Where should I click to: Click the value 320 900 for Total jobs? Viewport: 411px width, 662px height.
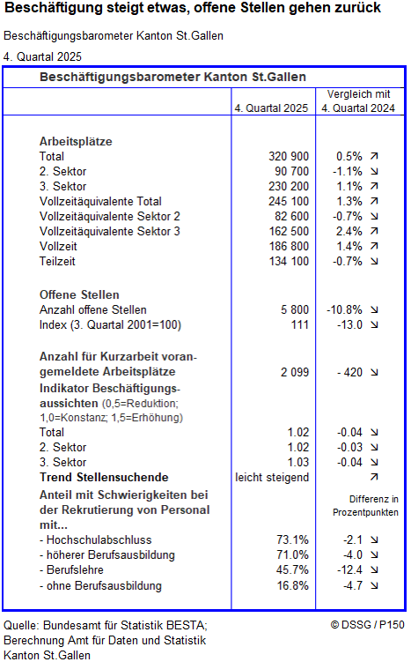pyautogui.click(x=290, y=156)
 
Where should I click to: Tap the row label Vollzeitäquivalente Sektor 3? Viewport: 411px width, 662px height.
pyautogui.click(x=110, y=231)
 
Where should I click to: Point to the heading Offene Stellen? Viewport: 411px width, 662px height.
pyautogui.click(x=79, y=294)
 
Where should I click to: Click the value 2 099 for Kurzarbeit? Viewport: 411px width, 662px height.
pyautogui.click(x=295, y=373)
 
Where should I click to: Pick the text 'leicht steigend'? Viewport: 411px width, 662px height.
pyautogui.click(x=272, y=477)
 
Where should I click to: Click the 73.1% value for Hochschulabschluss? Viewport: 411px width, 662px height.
pyautogui.click(x=293, y=539)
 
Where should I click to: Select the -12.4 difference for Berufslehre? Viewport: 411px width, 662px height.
pyautogui.click(x=349, y=570)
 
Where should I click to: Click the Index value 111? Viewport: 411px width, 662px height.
pyautogui.click(x=299, y=324)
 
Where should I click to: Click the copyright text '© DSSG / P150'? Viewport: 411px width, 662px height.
pyautogui.click(x=367, y=624)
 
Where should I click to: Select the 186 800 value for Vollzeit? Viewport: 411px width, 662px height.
pyautogui.click(x=290, y=246)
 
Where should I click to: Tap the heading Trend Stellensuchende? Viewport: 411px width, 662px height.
pyautogui.click(x=104, y=477)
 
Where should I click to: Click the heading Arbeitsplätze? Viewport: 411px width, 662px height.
pyautogui.click(x=76, y=141)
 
